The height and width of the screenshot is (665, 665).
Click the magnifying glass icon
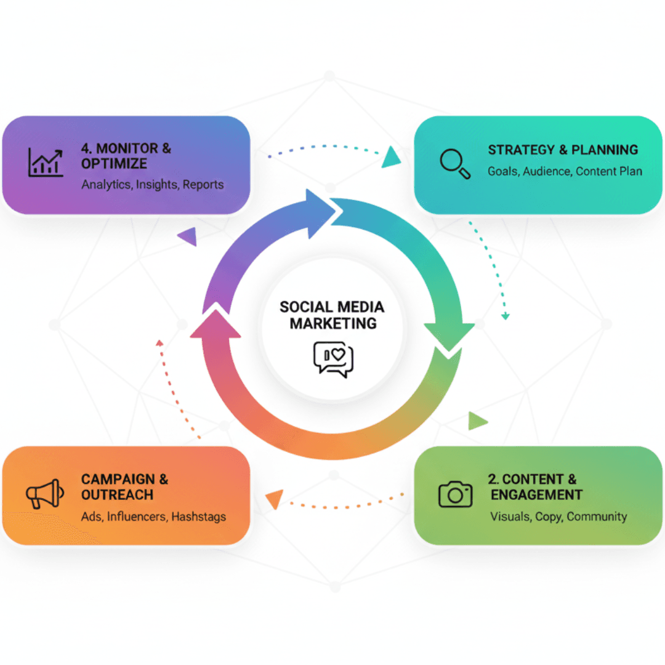coord(454,164)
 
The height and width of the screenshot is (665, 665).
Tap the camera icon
coord(455,494)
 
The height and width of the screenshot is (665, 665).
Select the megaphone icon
coord(45,493)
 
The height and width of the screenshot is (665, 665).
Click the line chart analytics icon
coord(46,163)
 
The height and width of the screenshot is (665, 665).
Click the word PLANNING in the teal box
coord(605,150)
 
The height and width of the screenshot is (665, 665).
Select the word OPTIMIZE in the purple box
coord(114,164)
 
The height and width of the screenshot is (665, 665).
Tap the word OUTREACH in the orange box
coord(117,495)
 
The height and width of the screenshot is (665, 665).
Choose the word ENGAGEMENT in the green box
coord(536,495)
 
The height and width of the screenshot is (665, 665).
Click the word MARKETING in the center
coord(333,324)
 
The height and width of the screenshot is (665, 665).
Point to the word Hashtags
coord(198,517)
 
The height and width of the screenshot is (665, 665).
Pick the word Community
coord(597,517)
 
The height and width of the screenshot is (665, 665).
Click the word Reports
coord(203,185)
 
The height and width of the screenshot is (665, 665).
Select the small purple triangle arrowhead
coord(187,236)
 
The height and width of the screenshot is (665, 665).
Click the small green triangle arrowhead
coord(477,421)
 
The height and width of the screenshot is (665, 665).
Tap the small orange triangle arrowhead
coord(275,498)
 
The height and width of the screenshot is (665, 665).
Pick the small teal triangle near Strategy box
coord(391,158)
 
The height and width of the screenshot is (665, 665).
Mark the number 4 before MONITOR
coord(85,148)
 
